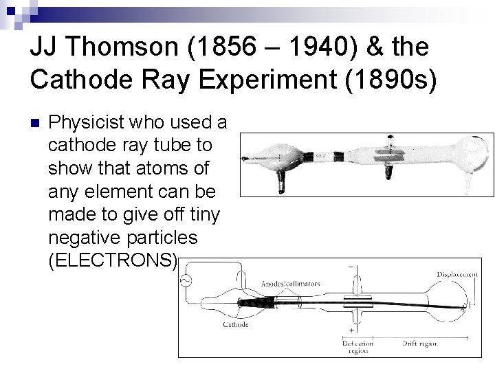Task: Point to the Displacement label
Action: [x=457, y=273]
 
